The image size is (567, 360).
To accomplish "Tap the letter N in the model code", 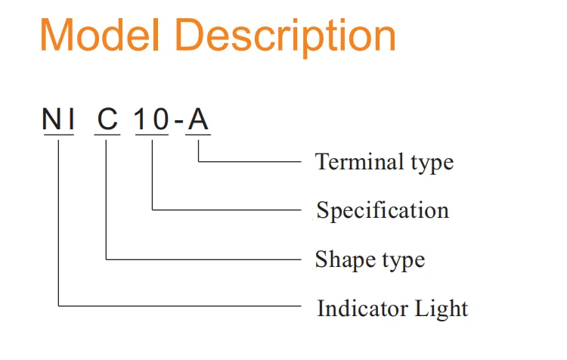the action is pyautogui.click(x=51, y=120).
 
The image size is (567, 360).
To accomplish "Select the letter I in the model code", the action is pyautogui.click(x=69, y=120).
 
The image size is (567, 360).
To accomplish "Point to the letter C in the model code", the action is pyautogui.click(x=107, y=120).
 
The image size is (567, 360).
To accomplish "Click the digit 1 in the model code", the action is pyautogui.click(x=142, y=120).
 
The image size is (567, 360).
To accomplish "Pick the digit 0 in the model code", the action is pyautogui.click(x=160, y=120).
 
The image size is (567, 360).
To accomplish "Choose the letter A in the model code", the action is pyautogui.click(x=198, y=120).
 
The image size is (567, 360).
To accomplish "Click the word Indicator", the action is pyautogui.click(x=362, y=309).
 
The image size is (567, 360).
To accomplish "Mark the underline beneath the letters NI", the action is pyautogui.click(x=59, y=135).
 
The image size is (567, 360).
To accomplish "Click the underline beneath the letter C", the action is pyautogui.click(x=107, y=135).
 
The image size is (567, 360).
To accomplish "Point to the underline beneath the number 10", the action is pyautogui.click(x=152, y=135).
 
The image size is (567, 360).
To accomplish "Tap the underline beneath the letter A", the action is pyautogui.click(x=198, y=135).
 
